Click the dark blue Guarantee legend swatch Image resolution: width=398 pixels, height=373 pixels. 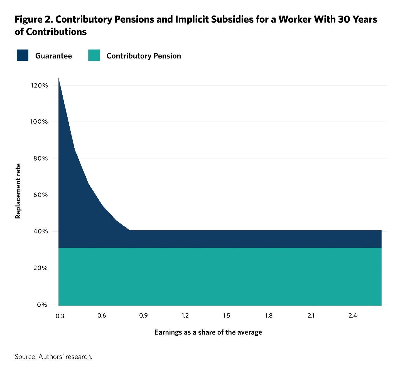[x=23, y=55]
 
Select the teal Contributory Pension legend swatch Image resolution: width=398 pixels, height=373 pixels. [x=94, y=55]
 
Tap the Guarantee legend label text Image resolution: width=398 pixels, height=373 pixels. [x=53, y=56]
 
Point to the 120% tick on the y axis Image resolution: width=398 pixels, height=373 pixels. [x=39, y=86]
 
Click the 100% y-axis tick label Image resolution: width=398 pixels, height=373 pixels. [x=39, y=122]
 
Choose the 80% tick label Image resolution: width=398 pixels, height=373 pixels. [x=41, y=159]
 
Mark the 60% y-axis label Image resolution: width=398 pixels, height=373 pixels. [x=41, y=195]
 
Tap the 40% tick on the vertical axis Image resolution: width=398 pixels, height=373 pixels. [x=41, y=231]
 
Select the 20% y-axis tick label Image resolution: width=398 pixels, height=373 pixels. [x=41, y=268]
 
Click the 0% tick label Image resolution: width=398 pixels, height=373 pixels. [x=42, y=305]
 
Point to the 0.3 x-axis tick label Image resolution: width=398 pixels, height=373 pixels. [x=60, y=316]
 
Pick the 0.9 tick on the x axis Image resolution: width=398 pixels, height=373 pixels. [x=143, y=316]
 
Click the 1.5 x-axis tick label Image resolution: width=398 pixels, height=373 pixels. [x=227, y=316]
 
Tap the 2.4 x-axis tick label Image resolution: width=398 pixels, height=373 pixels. [x=353, y=316]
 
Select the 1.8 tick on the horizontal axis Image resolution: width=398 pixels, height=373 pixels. [x=269, y=316]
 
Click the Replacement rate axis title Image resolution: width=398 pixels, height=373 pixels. [x=18, y=191]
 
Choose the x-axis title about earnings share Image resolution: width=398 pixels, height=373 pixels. [x=208, y=332]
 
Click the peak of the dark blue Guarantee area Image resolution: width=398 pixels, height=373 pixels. [x=59, y=79]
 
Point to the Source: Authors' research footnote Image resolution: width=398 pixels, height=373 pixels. [x=53, y=357]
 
